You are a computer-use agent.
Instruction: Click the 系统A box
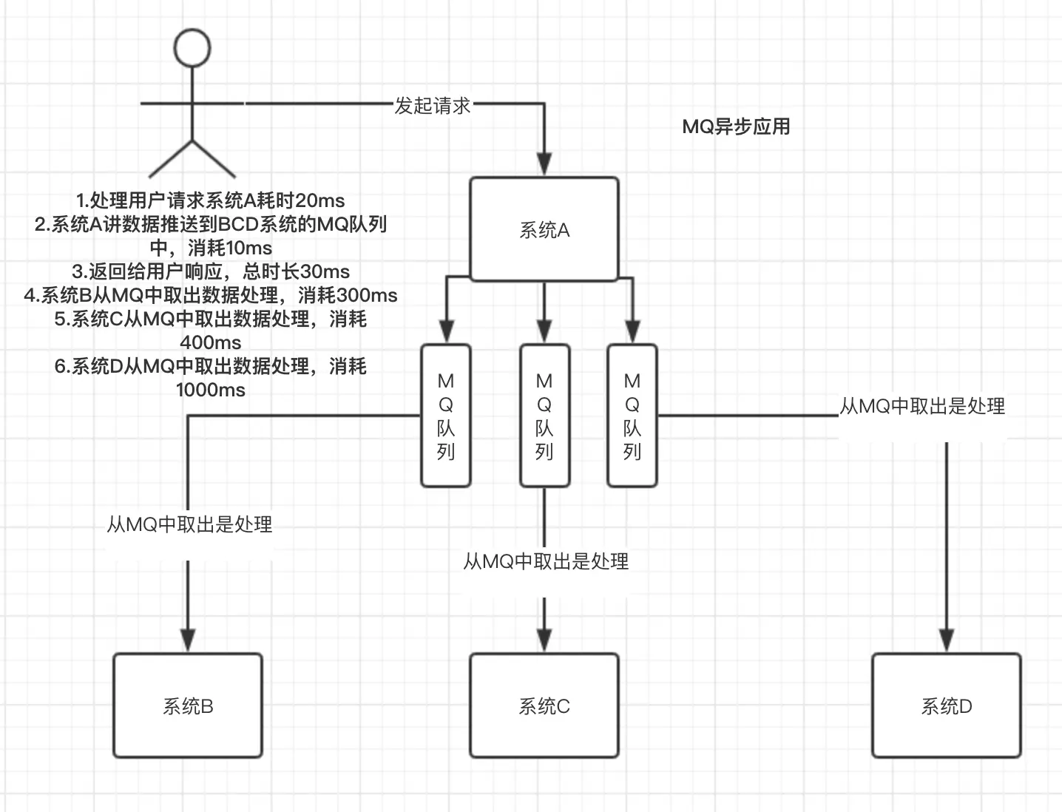[544, 229]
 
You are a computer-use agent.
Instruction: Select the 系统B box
[188, 706]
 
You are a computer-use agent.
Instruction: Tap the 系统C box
[544, 706]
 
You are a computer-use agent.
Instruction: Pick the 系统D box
[947, 706]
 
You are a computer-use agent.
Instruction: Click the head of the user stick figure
[192, 47]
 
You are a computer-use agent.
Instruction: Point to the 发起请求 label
[433, 106]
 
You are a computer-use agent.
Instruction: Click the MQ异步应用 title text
[736, 126]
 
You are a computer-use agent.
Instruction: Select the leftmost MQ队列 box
[446, 416]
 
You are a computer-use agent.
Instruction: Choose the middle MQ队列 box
[544, 416]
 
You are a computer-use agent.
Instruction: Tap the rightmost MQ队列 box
[632, 416]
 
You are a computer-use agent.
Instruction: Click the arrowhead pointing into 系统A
[544, 164]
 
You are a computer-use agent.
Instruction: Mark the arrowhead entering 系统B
[188, 640]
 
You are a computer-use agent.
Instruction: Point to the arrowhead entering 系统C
[544, 640]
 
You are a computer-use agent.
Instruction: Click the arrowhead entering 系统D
[947, 640]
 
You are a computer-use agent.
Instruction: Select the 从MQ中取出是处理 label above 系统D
[922, 406]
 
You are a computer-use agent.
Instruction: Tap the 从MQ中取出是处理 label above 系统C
[546, 561]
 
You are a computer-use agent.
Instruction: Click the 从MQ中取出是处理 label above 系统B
[189, 524]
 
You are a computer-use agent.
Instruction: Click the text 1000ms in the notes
[211, 390]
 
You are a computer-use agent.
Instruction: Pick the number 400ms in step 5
[211, 342]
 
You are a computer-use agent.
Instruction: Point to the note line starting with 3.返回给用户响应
[211, 271]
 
